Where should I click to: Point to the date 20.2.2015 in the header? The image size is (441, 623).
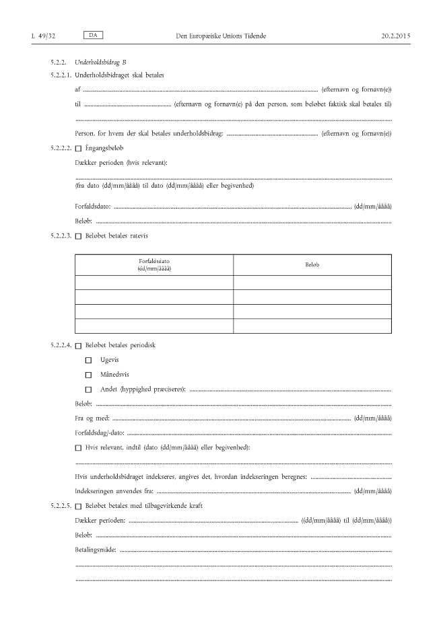(x=395, y=34)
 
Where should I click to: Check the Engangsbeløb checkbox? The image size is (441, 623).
(x=78, y=148)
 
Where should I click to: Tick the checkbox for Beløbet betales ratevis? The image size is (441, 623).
(x=78, y=236)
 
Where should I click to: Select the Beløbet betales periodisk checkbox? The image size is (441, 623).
(x=78, y=346)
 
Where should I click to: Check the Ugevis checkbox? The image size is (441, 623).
(x=88, y=361)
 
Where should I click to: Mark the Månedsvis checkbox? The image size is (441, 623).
(x=88, y=375)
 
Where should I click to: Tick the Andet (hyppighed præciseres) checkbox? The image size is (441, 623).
(x=88, y=390)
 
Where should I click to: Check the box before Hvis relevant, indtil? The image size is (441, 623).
(x=78, y=448)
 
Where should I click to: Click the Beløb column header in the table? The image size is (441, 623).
(x=312, y=264)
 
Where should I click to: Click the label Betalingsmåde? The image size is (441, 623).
(x=96, y=550)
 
